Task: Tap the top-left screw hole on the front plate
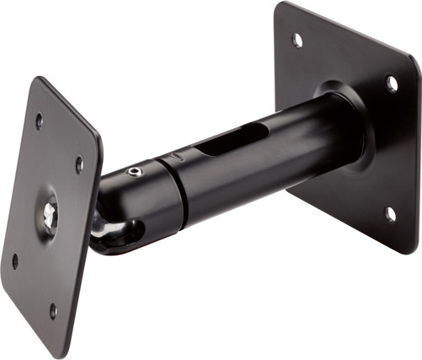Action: [x=39, y=121]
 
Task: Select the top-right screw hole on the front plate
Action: [x=79, y=164]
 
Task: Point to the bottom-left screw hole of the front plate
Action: [x=14, y=261]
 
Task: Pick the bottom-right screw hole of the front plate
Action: [x=53, y=309]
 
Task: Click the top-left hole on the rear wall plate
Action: [x=297, y=39]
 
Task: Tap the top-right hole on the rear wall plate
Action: [x=392, y=83]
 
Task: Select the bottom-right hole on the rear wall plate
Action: [x=390, y=214]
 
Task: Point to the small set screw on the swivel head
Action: [x=134, y=172]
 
